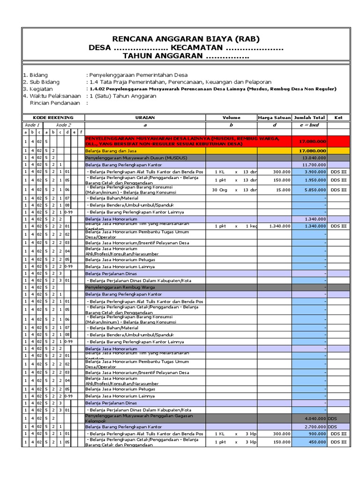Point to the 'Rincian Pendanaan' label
53,103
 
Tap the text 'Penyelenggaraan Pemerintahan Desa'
137,75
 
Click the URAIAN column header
145,118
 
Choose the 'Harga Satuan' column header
274,118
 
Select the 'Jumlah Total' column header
309,118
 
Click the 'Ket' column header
338,118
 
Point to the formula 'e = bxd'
309,125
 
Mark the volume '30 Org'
221,190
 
